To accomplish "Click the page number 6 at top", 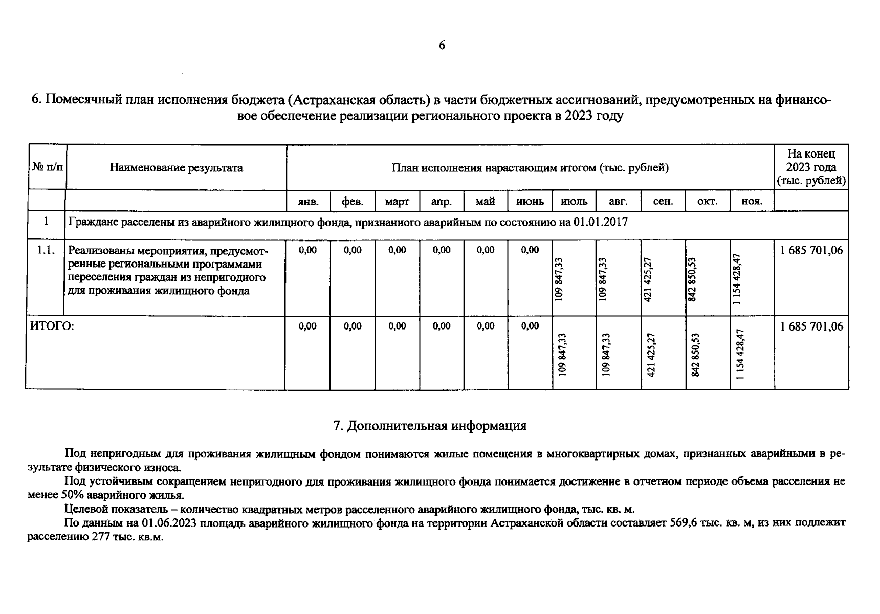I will [442, 46].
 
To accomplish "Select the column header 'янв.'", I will [308, 202].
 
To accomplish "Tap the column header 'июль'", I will [574, 202].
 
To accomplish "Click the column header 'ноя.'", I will [752, 202].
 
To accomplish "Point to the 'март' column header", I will [397, 202].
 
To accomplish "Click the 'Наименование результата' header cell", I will [176, 168].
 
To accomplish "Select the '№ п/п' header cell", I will [47, 167].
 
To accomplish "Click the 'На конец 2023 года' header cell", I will [811, 167].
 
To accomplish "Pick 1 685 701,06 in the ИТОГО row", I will [811, 326].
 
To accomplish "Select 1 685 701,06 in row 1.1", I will [811, 251].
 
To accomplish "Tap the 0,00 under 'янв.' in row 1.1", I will [308, 250].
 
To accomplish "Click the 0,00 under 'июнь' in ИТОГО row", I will [530, 326].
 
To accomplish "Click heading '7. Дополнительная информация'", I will [430, 426].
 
